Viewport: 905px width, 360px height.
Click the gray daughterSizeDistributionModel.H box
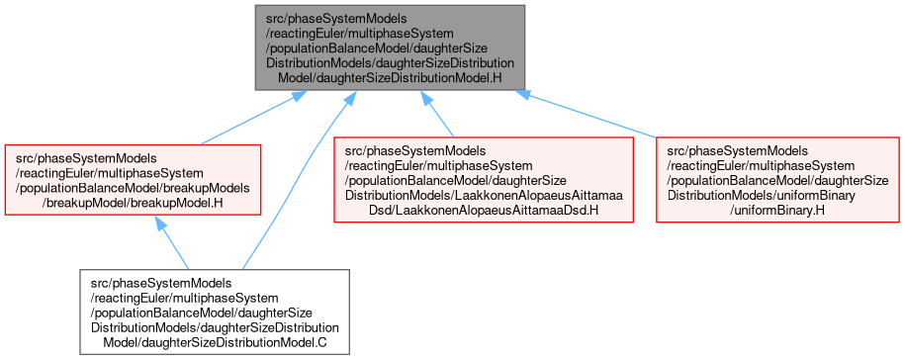click(x=390, y=47)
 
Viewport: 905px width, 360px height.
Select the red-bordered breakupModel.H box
click(x=133, y=180)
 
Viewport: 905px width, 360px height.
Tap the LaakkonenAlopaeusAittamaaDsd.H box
click(x=484, y=180)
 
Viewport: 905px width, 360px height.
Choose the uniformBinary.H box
click(x=777, y=180)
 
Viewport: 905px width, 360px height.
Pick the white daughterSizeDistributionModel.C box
click(x=215, y=312)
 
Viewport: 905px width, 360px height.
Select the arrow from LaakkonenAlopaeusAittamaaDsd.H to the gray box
click(x=437, y=114)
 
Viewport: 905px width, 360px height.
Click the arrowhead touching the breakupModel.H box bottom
click(x=161, y=224)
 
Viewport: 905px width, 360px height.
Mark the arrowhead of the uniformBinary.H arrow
click(x=522, y=94)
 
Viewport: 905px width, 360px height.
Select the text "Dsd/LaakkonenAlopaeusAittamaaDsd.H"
click(x=483, y=211)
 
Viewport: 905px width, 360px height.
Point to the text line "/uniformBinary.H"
click(x=776, y=211)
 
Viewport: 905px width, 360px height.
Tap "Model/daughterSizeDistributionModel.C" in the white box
click(x=215, y=342)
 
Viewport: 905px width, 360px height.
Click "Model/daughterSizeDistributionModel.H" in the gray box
click(x=390, y=78)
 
